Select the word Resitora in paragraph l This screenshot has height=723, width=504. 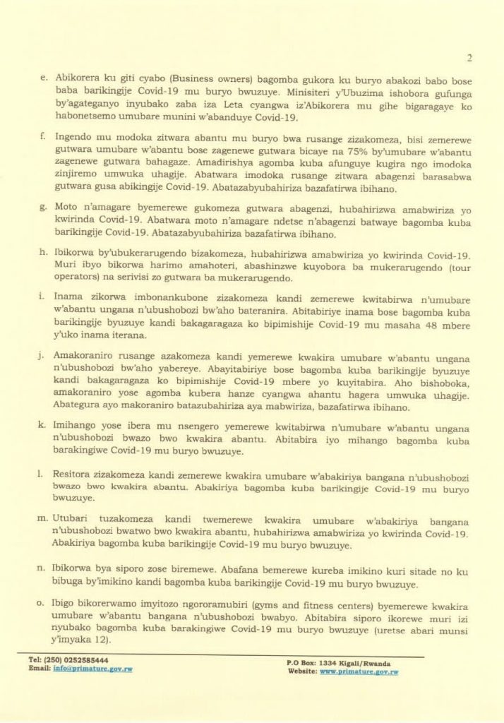point(74,477)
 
